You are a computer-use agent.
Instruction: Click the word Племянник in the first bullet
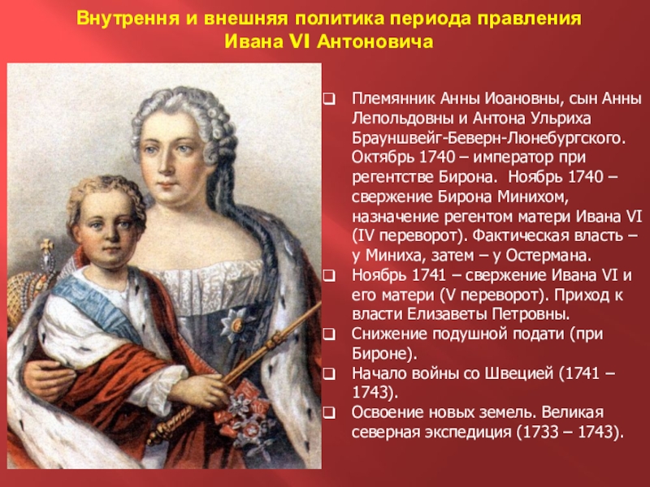point(388,98)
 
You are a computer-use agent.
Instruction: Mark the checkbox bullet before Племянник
point(330,99)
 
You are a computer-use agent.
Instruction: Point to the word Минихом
point(517,196)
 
